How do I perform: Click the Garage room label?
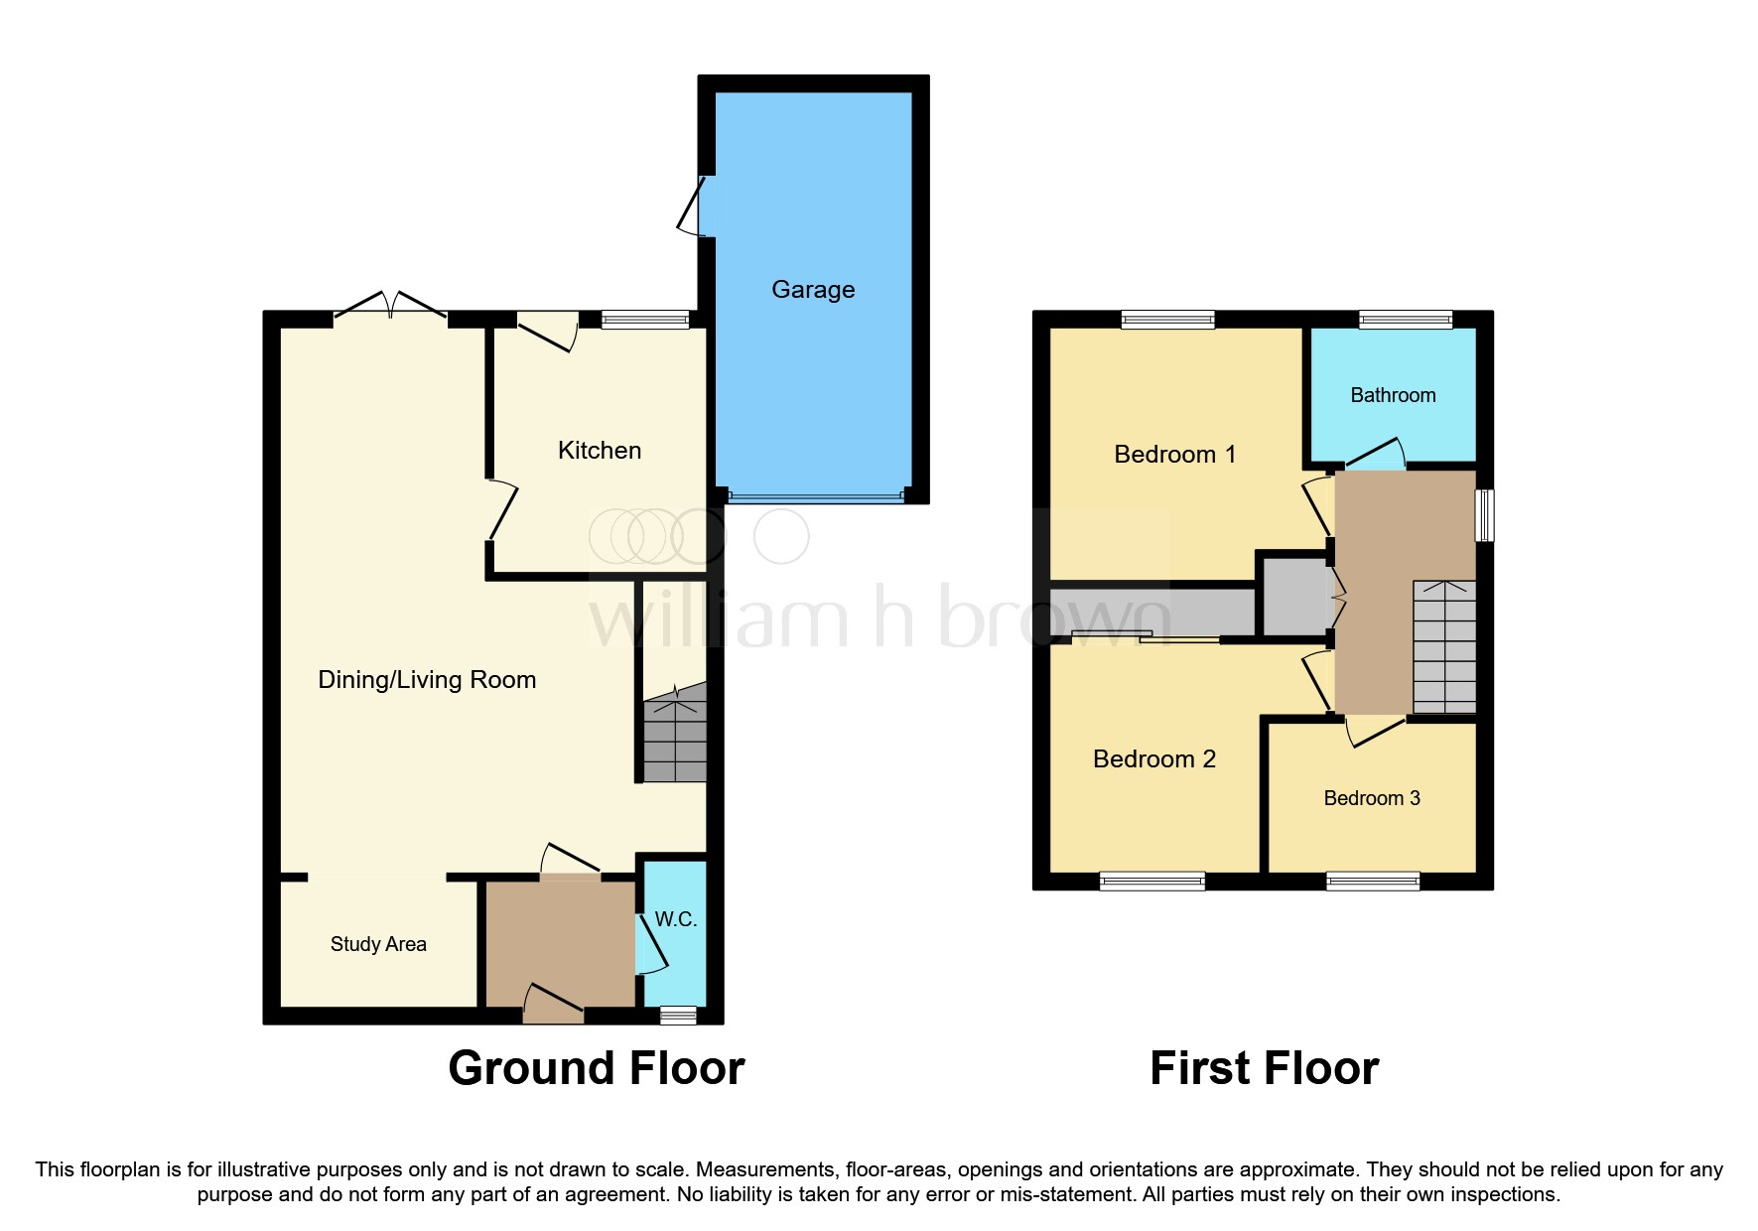[813, 290]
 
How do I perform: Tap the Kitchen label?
[600, 451]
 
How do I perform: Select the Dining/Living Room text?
[427, 680]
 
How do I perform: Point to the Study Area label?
[378, 944]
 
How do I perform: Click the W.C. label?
[676, 920]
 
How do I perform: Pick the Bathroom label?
[1393, 396]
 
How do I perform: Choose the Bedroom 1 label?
[1175, 455]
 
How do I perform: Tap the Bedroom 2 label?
[1154, 759]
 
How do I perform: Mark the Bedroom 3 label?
[1372, 799]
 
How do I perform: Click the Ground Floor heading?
[597, 1069]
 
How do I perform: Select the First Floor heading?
[1264, 1069]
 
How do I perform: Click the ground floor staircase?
[675, 740]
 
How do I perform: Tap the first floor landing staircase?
[1444, 647]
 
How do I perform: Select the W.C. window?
[679, 1015]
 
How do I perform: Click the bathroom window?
[1406, 320]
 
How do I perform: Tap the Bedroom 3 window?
[1373, 882]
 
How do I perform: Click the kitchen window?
[645, 320]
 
